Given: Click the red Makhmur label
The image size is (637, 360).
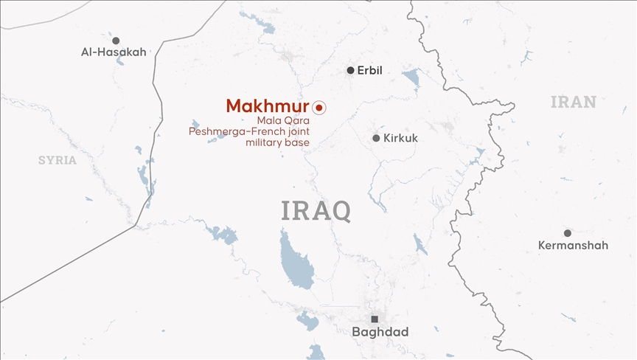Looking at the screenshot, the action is (x=267, y=106).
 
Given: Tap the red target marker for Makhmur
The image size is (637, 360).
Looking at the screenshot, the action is (x=319, y=107).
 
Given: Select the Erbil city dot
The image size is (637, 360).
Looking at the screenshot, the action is (x=350, y=71).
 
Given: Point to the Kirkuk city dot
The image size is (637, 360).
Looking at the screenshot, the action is (x=376, y=138).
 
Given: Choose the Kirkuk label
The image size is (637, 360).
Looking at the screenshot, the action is (x=400, y=138).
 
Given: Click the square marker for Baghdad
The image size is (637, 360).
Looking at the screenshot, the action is (x=375, y=319).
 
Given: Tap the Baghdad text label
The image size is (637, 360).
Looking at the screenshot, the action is (x=380, y=333).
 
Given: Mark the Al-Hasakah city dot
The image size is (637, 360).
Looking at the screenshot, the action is (x=116, y=41).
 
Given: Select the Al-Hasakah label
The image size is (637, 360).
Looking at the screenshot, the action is (x=114, y=52).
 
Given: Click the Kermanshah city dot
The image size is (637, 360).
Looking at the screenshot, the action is (x=567, y=233).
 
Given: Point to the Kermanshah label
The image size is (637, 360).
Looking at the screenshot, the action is (x=573, y=246).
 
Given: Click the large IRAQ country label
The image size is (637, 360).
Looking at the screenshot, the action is (x=316, y=210).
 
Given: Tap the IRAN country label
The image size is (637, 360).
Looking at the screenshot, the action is (x=573, y=102).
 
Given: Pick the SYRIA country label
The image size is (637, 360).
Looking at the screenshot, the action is (x=58, y=160).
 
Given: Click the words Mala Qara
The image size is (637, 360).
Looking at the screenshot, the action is (x=284, y=120).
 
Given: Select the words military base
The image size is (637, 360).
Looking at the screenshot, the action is (x=277, y=142).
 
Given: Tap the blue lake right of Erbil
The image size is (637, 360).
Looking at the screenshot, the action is (x=411, y=77).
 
